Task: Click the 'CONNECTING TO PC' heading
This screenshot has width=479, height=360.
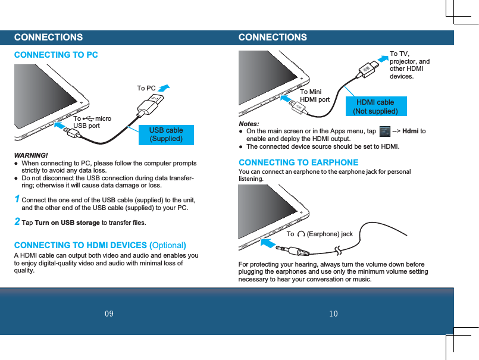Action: (56, 55)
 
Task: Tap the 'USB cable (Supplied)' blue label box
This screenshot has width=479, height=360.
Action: (166, 134)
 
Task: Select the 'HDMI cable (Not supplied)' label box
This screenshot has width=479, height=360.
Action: (375, 107)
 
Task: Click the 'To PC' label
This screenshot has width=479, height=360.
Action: (146, 89)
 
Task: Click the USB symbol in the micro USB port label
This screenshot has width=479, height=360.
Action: (88, 119)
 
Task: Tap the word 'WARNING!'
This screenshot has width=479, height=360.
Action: (31, 155)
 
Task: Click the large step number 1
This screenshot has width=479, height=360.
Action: (17, 199)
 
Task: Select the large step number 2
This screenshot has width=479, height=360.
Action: (17, 222)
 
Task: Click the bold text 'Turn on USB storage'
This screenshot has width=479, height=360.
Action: (67, 223)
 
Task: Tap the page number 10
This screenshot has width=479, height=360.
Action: (333, 314)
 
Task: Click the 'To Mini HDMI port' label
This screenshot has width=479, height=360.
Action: (314, 96)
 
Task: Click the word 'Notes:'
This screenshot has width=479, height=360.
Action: (249, 123)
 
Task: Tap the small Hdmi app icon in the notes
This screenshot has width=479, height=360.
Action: (384, 131)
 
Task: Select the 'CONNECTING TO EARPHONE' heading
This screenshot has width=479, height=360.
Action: (298, 162)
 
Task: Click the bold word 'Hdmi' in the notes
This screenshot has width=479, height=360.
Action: (411, 131)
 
